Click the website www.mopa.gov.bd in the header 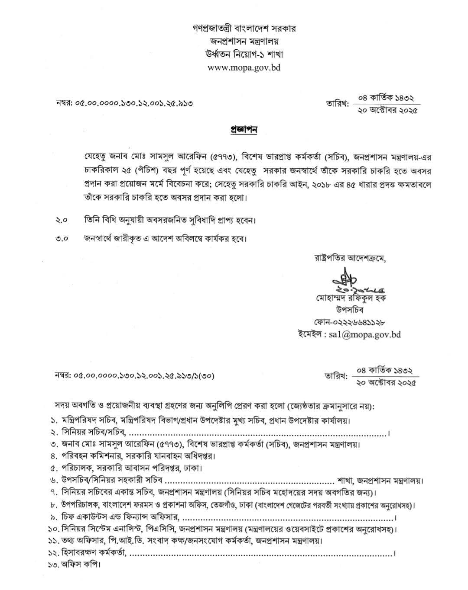[244, 68]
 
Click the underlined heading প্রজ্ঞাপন [243, 130]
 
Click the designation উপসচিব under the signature [349, 310]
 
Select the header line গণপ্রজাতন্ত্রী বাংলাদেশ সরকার [244, 29]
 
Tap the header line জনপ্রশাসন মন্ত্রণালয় [244, 42]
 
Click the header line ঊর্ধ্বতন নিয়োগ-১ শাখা [244, 55]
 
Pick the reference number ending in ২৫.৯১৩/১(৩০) [135, 376]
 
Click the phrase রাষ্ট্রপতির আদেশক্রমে [350, 259]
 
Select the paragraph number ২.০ [62, 220]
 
